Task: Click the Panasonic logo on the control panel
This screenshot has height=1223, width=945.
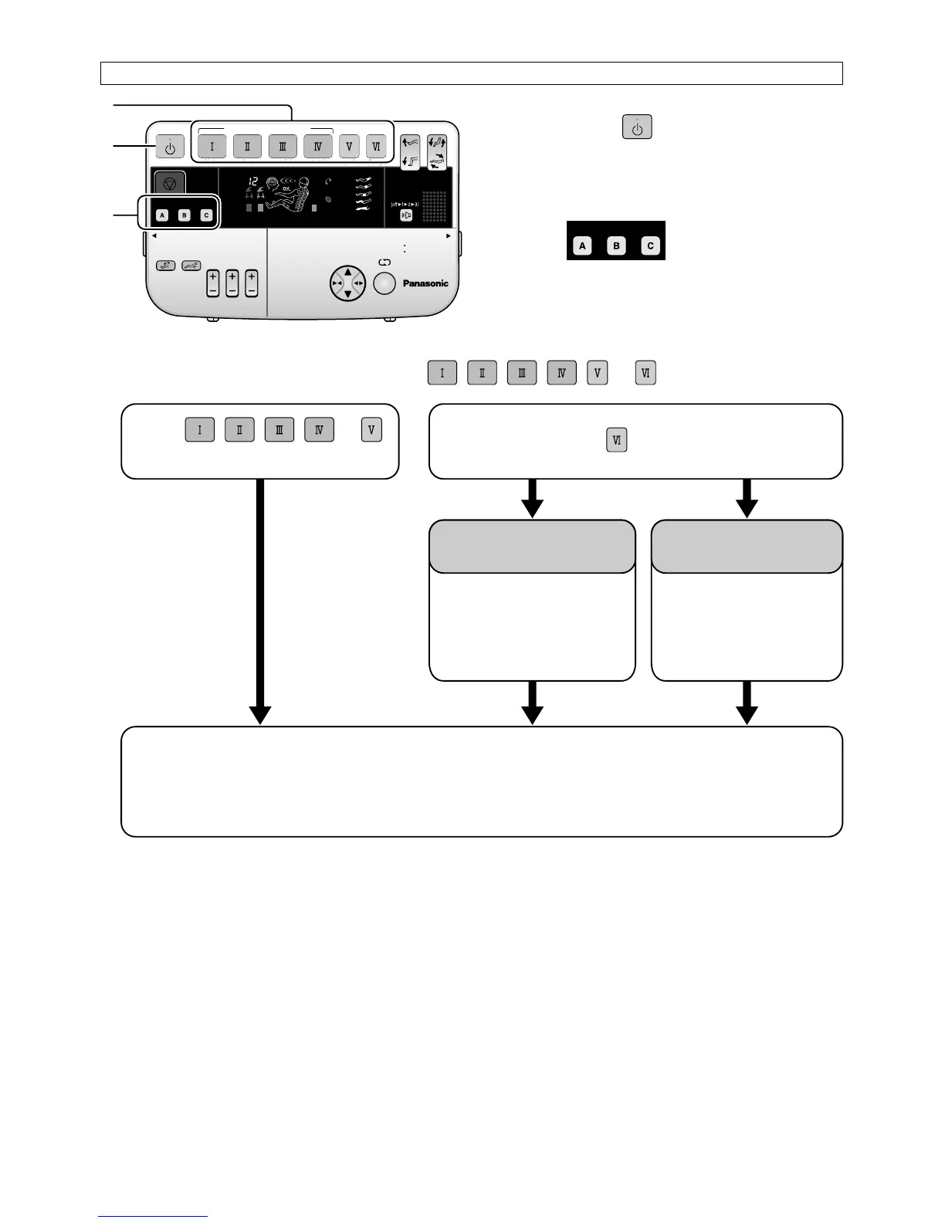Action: coord(425,283)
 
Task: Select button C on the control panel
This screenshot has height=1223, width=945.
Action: coord(206,215)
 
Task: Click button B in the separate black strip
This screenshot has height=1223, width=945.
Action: coord(616,246)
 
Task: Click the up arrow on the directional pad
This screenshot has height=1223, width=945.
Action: coord(347,272)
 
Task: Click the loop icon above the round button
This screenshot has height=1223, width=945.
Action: coord(384,263)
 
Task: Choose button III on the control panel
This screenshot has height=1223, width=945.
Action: coord(283,146)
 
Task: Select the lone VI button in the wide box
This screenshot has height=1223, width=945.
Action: coord(616,440)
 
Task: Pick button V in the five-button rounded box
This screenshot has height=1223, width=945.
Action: coord(371,429)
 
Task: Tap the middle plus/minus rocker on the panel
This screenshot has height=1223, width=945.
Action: coord(232,283)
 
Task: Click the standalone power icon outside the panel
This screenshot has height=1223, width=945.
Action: coord(637,127)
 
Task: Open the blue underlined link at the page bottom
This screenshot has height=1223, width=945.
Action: coord(153,1216)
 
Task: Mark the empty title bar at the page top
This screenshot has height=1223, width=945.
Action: coord(471,73)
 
